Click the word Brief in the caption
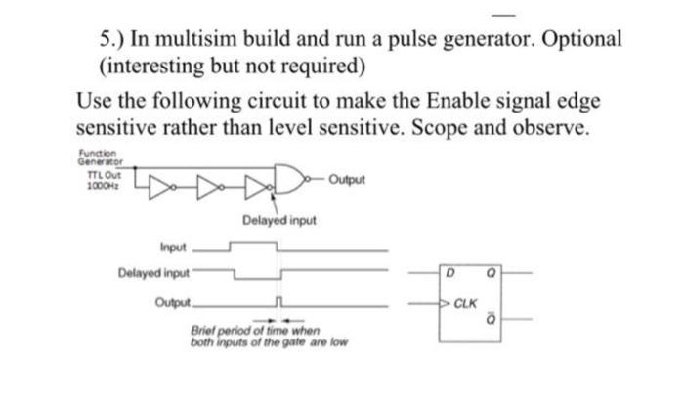207,332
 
